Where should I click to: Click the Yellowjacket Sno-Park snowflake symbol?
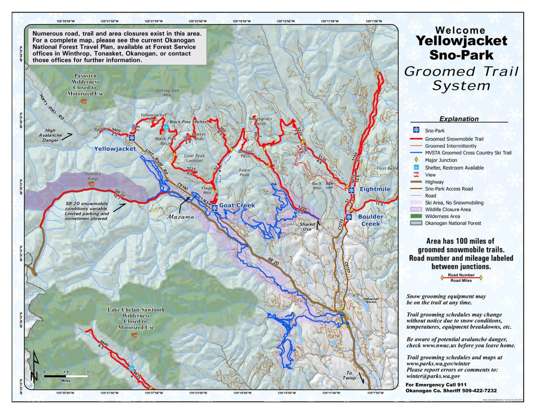click(132, 137)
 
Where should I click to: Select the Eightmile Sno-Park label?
click(375, 189)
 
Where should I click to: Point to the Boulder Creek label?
click(370, 220)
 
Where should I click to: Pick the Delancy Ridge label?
click(93, 176)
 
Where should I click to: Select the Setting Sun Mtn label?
click(167, 92)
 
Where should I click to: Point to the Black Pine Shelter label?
click(188, 122)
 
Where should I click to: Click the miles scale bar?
click(65, 376)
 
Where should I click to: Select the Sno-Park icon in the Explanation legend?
click(416, 130)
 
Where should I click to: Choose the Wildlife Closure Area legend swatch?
click(416, 209)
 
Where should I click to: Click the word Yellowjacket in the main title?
click(461, 41)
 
